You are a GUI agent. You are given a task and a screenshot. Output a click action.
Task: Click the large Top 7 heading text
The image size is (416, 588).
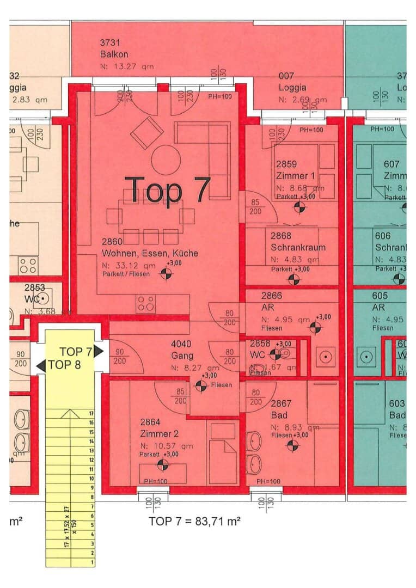point(167,189)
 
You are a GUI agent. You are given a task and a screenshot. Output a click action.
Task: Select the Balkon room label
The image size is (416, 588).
point(114,54)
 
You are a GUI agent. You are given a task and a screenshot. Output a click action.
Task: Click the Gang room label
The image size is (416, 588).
point(181,356)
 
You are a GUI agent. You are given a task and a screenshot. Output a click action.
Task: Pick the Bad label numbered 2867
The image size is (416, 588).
point(281,414)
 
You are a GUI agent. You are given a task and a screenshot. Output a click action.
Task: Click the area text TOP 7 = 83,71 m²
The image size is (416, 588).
point(195,521)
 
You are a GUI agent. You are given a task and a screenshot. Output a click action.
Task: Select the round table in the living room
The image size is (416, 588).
point(166,160)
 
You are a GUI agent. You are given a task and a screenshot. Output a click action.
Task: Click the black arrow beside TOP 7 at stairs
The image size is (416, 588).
point(99,351)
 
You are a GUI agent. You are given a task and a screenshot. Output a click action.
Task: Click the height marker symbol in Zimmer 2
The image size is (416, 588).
point(162,464)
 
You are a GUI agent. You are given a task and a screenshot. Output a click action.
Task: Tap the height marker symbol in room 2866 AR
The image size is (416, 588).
point(315,327)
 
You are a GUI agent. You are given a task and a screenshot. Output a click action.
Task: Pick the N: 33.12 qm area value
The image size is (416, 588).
point(129,265)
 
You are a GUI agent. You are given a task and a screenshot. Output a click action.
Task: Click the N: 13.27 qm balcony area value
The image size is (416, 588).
point(127,66)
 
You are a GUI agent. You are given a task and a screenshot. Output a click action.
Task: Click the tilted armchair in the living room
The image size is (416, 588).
point(147,132)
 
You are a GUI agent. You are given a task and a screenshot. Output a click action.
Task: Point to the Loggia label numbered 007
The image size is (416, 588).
point(292,87)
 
